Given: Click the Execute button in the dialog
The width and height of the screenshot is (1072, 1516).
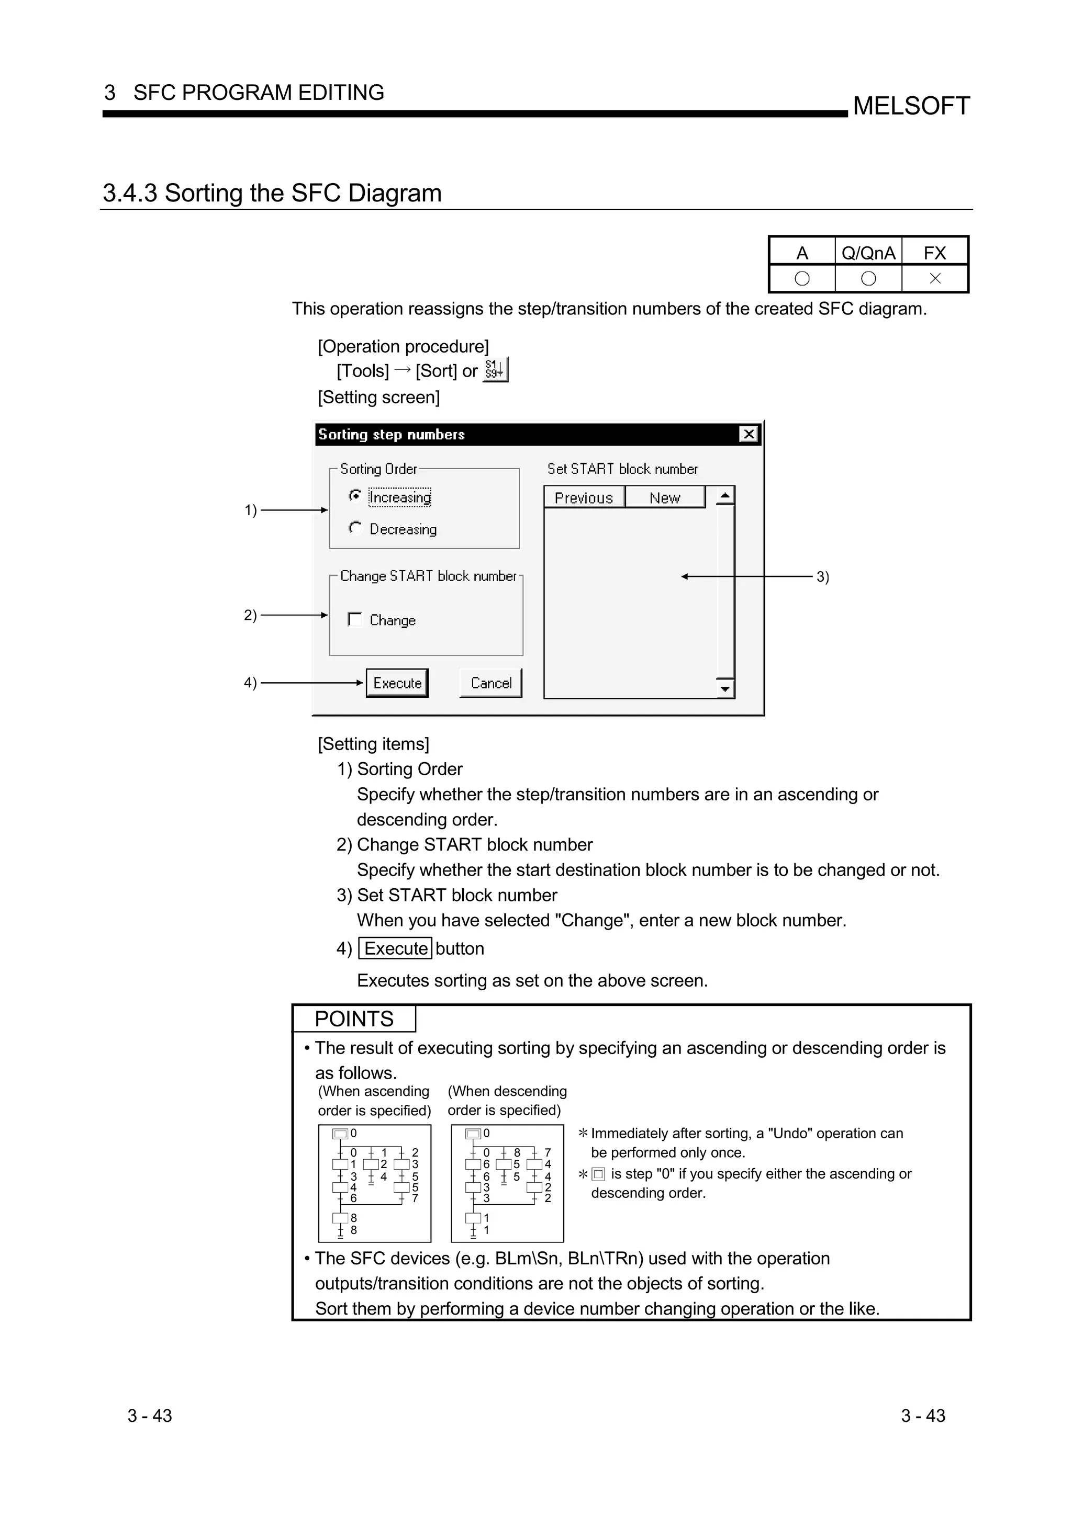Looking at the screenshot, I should pos(397,683).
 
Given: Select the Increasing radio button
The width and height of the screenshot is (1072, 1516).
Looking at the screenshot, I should pos(355,496).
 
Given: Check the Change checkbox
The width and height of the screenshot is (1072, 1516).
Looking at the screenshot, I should pos(355,619).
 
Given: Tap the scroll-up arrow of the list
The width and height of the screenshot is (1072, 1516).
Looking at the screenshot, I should pos(725,495).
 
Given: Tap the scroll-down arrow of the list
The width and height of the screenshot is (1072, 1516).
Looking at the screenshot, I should pos(725,688).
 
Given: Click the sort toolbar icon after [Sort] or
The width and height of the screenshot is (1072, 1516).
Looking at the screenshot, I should pos(495,370).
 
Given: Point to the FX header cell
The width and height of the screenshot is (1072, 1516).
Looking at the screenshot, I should pos(935,252).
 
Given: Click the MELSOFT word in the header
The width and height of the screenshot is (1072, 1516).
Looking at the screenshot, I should pos(911,106).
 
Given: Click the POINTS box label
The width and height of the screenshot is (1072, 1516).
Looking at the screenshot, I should pos(354,1019).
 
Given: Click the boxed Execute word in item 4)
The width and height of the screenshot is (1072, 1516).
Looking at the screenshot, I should pos(396,948).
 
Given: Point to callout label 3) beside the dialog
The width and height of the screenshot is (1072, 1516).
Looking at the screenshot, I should pos(822,576).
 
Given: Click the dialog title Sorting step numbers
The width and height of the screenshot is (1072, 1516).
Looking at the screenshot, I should pos(392,435).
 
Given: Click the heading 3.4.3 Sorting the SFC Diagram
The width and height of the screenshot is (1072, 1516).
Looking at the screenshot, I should pos(272,193).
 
